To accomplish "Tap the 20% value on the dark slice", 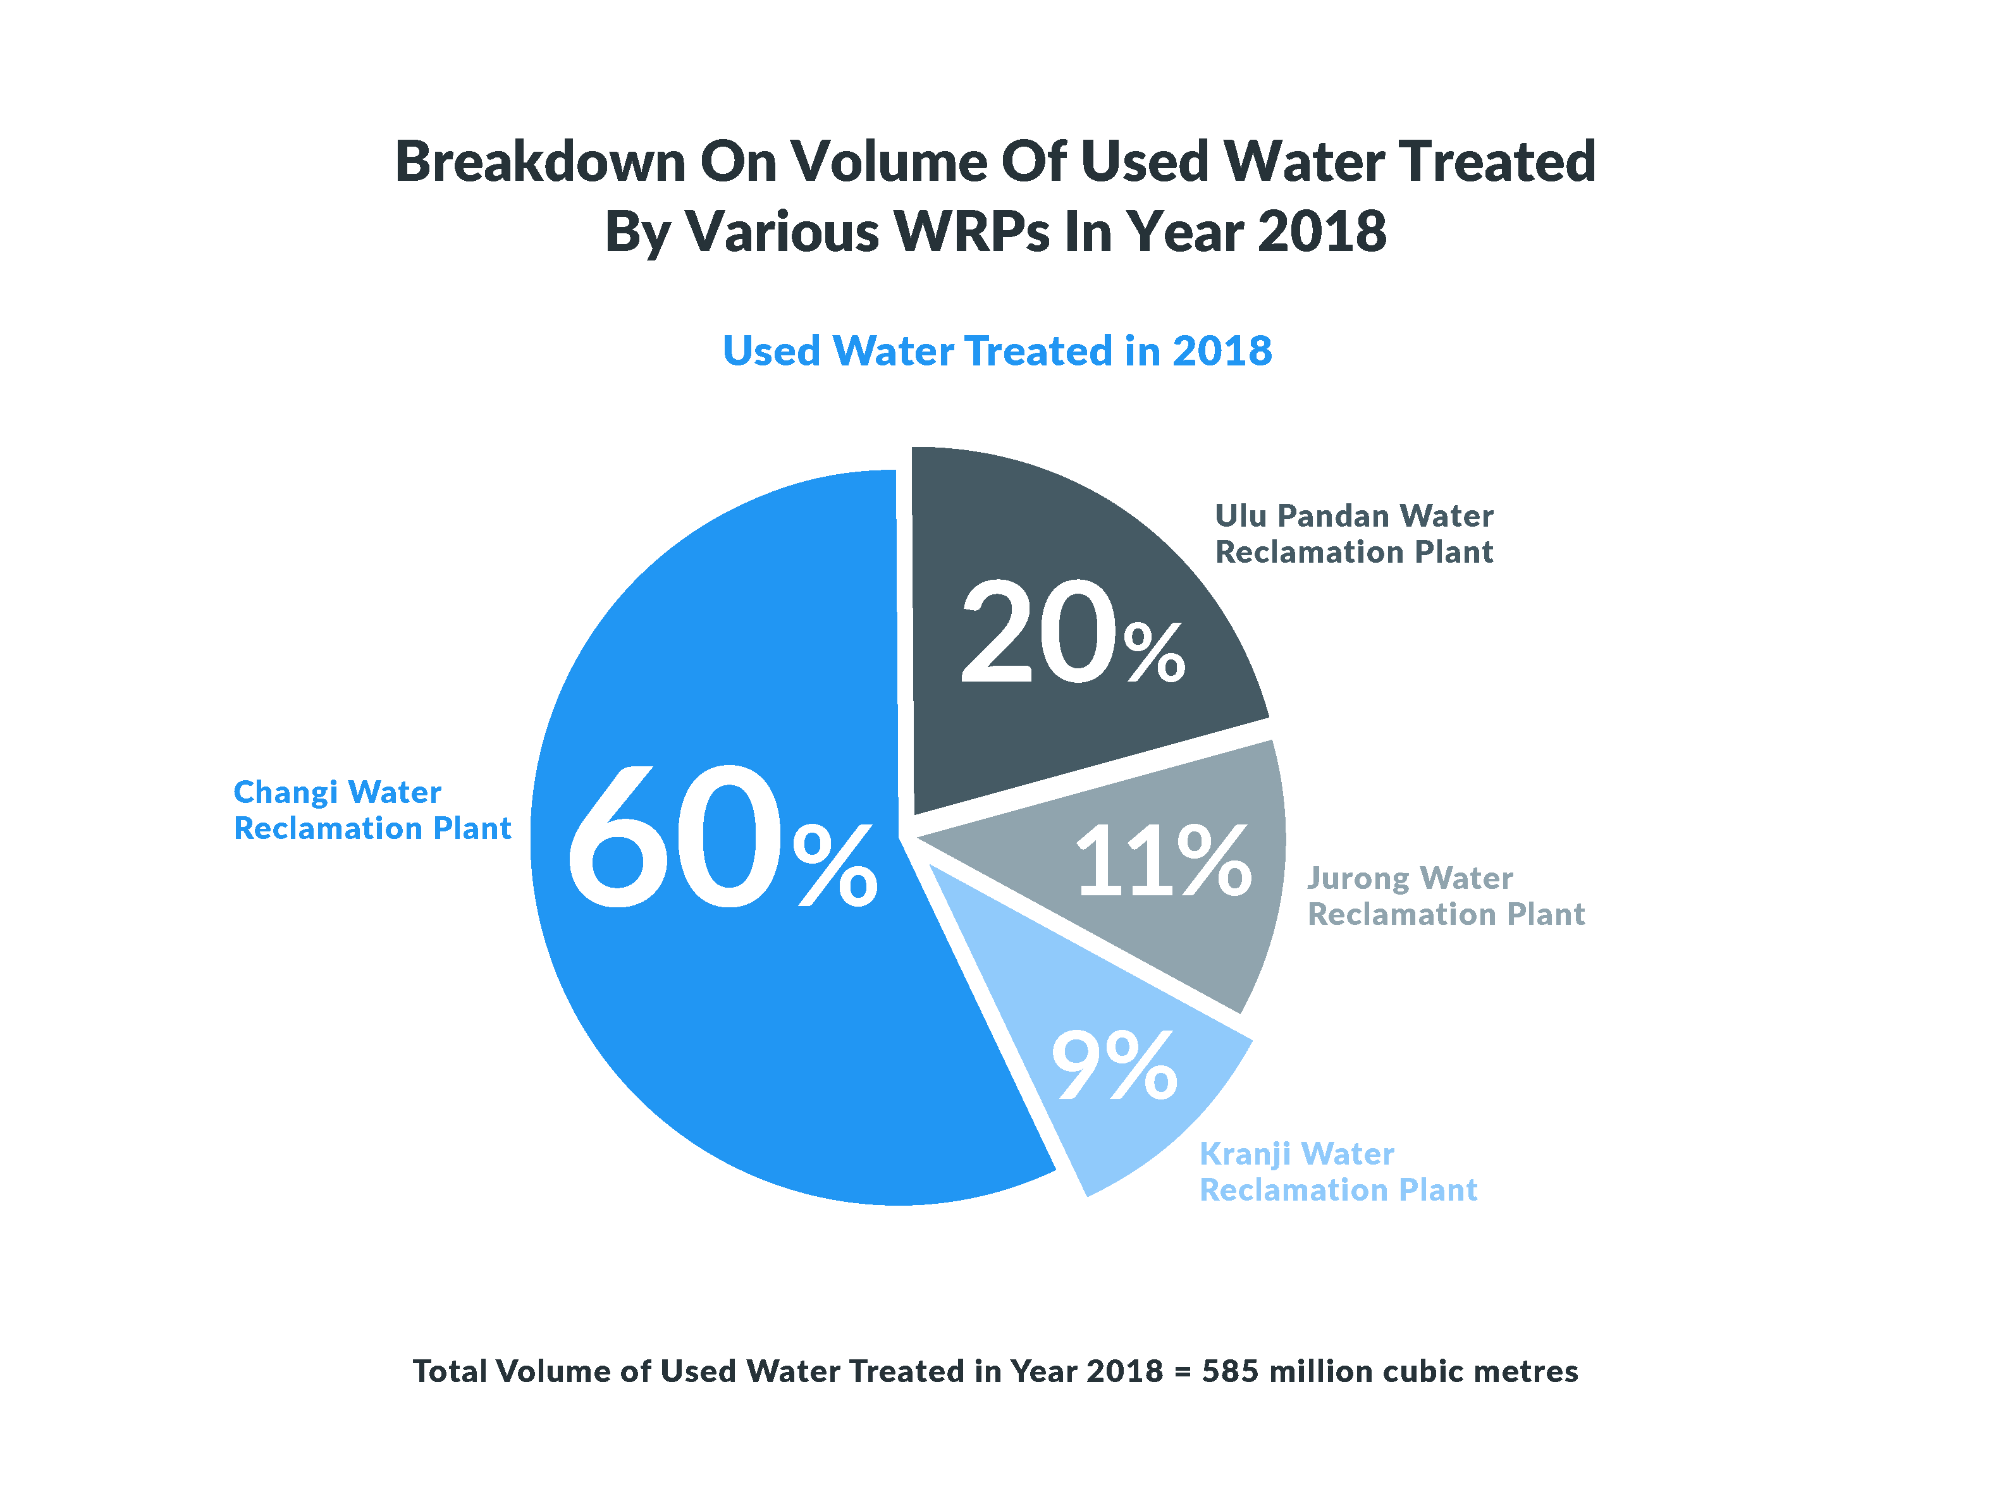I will (x=1072, y=632).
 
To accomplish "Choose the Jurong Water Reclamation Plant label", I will (x=1446, y=896).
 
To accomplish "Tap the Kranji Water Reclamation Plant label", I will (x=1338, y=1172).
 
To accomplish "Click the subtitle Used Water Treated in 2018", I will (x=997, y=350).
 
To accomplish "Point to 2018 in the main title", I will (x=1322, y=231).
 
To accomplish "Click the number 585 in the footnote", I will (x=1229, y=1371).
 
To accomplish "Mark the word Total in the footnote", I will (x=450, y=1371).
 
